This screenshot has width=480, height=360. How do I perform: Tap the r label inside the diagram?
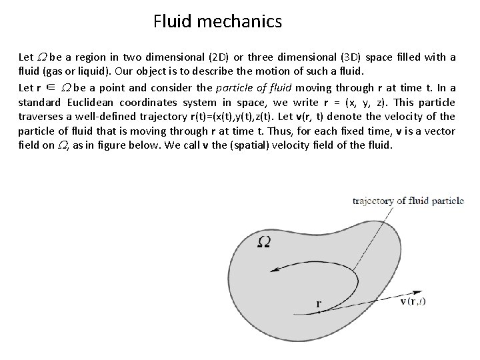(319, 303)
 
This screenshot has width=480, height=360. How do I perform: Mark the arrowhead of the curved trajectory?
(273, 270)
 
